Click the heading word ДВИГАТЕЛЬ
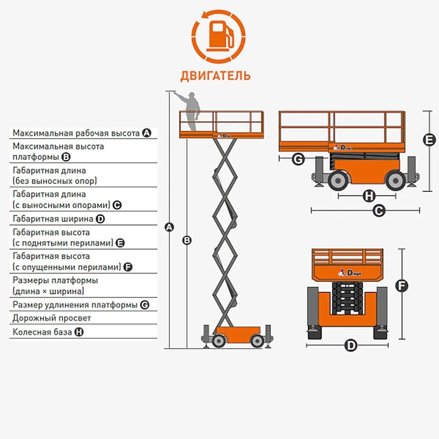(x=216, y=76)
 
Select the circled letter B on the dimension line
(x=187, y=240)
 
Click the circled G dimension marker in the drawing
(x=298, y=159)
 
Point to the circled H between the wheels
(x=369, y=196)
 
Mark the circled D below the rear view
(x=350, y=345)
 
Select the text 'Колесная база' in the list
(x=42, y=332)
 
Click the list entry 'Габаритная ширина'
(x=53, y=218)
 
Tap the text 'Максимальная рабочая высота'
(x=76, y=133)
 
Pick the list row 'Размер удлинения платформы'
(x=75, y=305)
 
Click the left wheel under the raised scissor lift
(x=218, y=340)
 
